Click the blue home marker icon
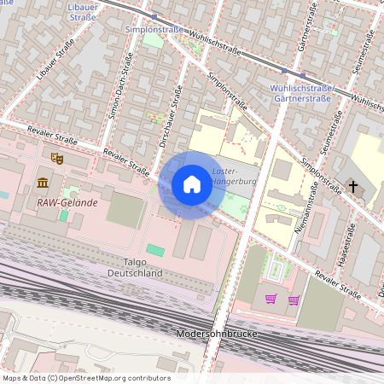coord(192,184)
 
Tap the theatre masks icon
coord(57,158)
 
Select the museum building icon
coord(43,183)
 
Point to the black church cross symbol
coord(352,186)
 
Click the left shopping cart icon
coord(271,299)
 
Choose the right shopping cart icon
coord(294,299)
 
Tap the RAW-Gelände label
coord(67,203)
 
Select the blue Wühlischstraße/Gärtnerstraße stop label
coord(300,93)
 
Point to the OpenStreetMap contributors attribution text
coord(85,378)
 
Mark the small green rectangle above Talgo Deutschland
coord(154,249)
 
